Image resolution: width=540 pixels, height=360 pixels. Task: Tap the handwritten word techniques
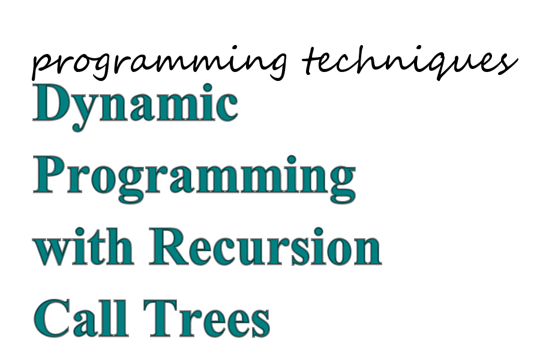click(x=410, y=62)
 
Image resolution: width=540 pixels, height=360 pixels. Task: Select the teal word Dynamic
click(x=136, y=107)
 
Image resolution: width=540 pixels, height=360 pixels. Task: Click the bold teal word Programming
click(x=194, y=179)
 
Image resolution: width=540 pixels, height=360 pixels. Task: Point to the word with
click(x=83, y=247)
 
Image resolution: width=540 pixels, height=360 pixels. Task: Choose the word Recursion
click(x=265, y=247)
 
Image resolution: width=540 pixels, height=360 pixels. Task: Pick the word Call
click(x=81, y=317)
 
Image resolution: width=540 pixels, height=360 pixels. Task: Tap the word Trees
click(x=206, y=317)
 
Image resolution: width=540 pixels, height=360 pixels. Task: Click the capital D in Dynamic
click(x=50, y=103)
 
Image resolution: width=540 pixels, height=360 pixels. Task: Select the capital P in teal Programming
click(x=49, y=175)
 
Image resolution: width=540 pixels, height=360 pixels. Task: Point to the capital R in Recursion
click(x=169, y=247)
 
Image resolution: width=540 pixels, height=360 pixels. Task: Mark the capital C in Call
click(x=51, y=318)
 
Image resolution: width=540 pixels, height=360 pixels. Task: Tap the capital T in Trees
click(x=160, y=317)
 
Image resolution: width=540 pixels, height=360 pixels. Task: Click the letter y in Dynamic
click(x=83, y=113)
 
